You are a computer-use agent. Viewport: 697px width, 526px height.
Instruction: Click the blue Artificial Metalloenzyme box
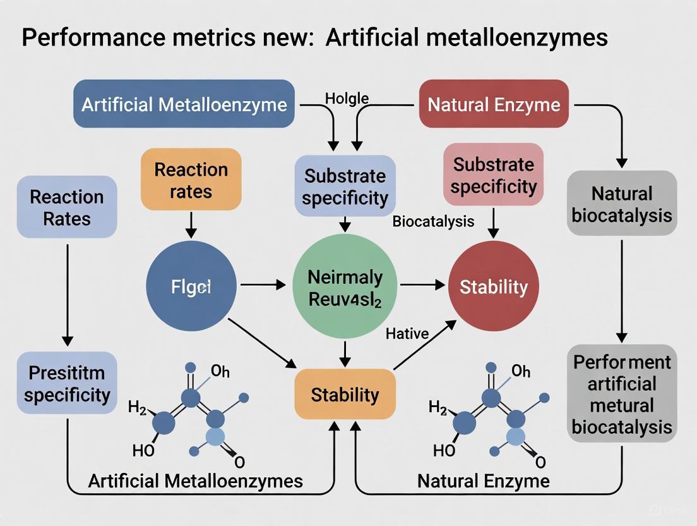tap(184, 104)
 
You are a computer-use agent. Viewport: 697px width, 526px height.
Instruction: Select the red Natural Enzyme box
tap(494, 104)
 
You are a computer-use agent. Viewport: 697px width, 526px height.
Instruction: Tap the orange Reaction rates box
tap(191, 180)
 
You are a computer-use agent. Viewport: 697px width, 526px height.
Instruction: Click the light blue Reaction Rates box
tap(67, 207)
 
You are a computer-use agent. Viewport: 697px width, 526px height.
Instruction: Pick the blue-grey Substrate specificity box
tap(345, 186)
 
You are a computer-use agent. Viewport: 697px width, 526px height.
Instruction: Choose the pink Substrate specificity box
tap(494, 175)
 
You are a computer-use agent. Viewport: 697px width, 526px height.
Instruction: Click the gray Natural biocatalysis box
tap(622, 204)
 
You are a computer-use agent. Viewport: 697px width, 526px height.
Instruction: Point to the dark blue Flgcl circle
tap(191, 286)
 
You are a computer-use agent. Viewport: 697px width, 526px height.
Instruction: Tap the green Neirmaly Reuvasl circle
tap(345, 286)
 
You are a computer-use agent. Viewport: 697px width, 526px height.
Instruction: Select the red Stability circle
tap(494, 286)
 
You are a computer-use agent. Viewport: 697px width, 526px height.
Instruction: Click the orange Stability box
tap(345, 395)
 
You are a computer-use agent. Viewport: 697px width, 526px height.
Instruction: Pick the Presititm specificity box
tap(67, 383)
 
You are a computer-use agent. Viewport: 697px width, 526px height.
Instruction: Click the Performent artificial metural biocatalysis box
tap(622, 394)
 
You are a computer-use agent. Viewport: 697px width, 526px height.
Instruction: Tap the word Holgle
tap(347, 98)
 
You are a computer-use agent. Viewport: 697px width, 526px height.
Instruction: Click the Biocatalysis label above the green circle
tap(433, 221)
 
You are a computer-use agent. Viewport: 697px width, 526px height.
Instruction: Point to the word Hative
tap(407, 333)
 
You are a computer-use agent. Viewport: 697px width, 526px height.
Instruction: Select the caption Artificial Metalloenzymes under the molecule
tap(195, 481)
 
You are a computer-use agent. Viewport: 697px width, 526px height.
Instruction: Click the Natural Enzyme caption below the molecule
tap(484, 481)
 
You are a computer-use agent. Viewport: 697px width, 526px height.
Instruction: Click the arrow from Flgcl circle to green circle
tap(263, 286)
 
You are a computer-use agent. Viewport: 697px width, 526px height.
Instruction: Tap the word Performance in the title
tap(87, 37)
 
